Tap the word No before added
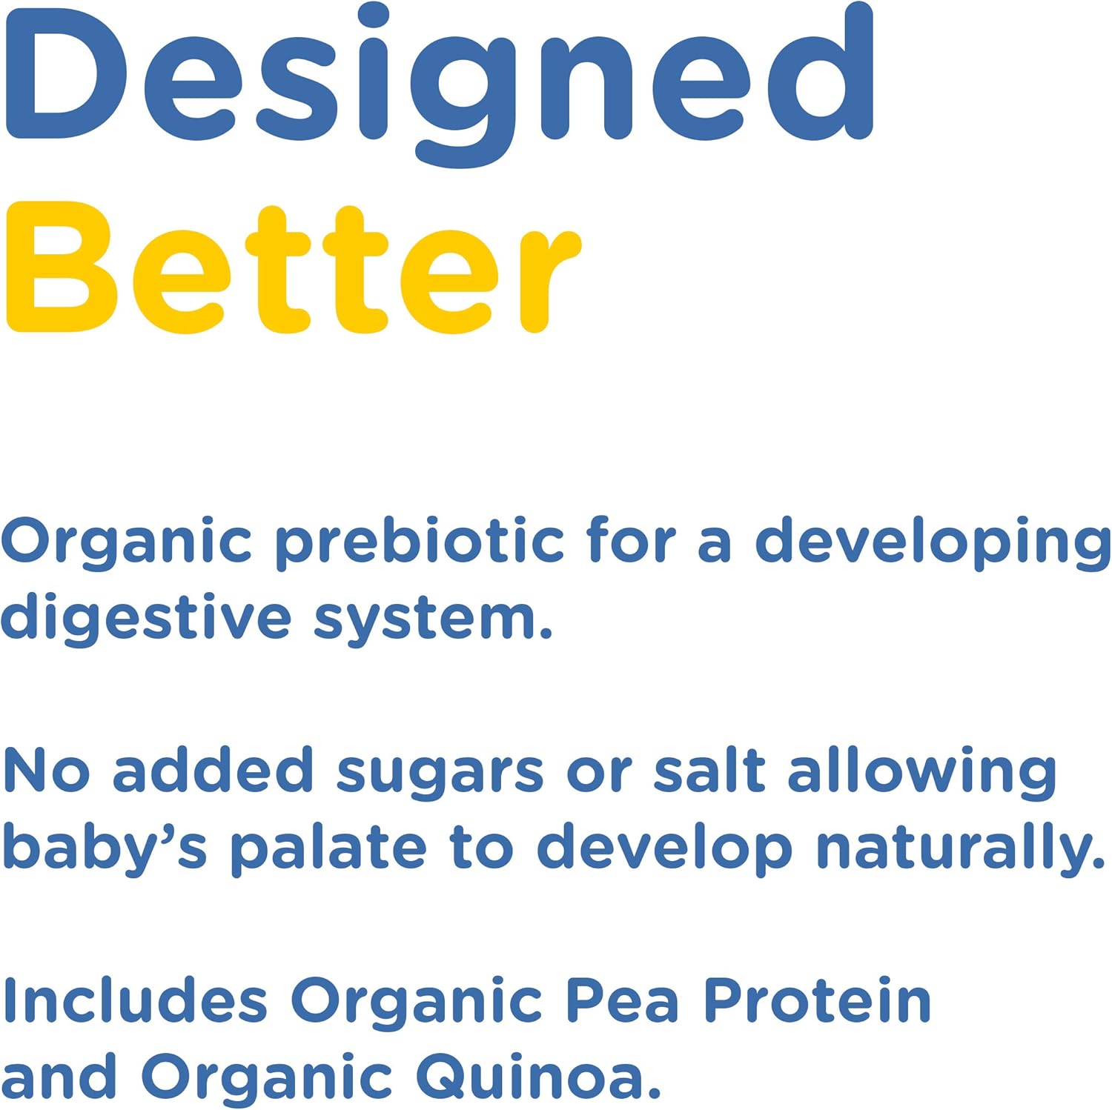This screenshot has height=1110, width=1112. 47,771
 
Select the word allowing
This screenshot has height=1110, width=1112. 922,772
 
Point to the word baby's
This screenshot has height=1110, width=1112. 105,848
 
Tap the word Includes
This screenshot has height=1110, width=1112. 134,1000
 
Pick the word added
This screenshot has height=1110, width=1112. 213,771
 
